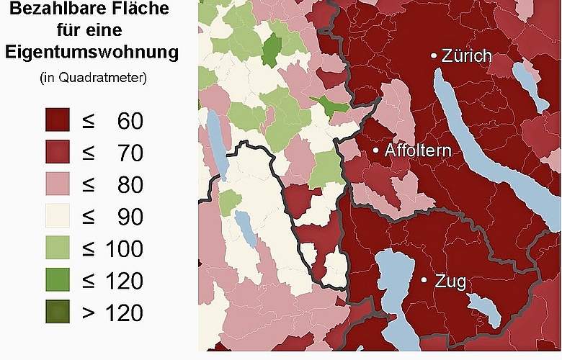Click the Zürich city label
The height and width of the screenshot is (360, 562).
(x=467, y=56)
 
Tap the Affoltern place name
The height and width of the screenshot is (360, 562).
(x=418, y=151)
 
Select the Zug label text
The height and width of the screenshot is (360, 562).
(x=451, y=282)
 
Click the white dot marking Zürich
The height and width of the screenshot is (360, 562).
(x=434, y=55)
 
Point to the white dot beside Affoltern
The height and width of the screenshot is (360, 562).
(x=375, y=150)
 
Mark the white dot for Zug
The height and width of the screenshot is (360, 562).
(x=424, y=279)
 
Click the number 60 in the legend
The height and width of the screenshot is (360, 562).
(x=130, y=121)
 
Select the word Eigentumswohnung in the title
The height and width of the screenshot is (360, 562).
(x=92, y=53)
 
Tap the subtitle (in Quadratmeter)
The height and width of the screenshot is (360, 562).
(x=93, y=77)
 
